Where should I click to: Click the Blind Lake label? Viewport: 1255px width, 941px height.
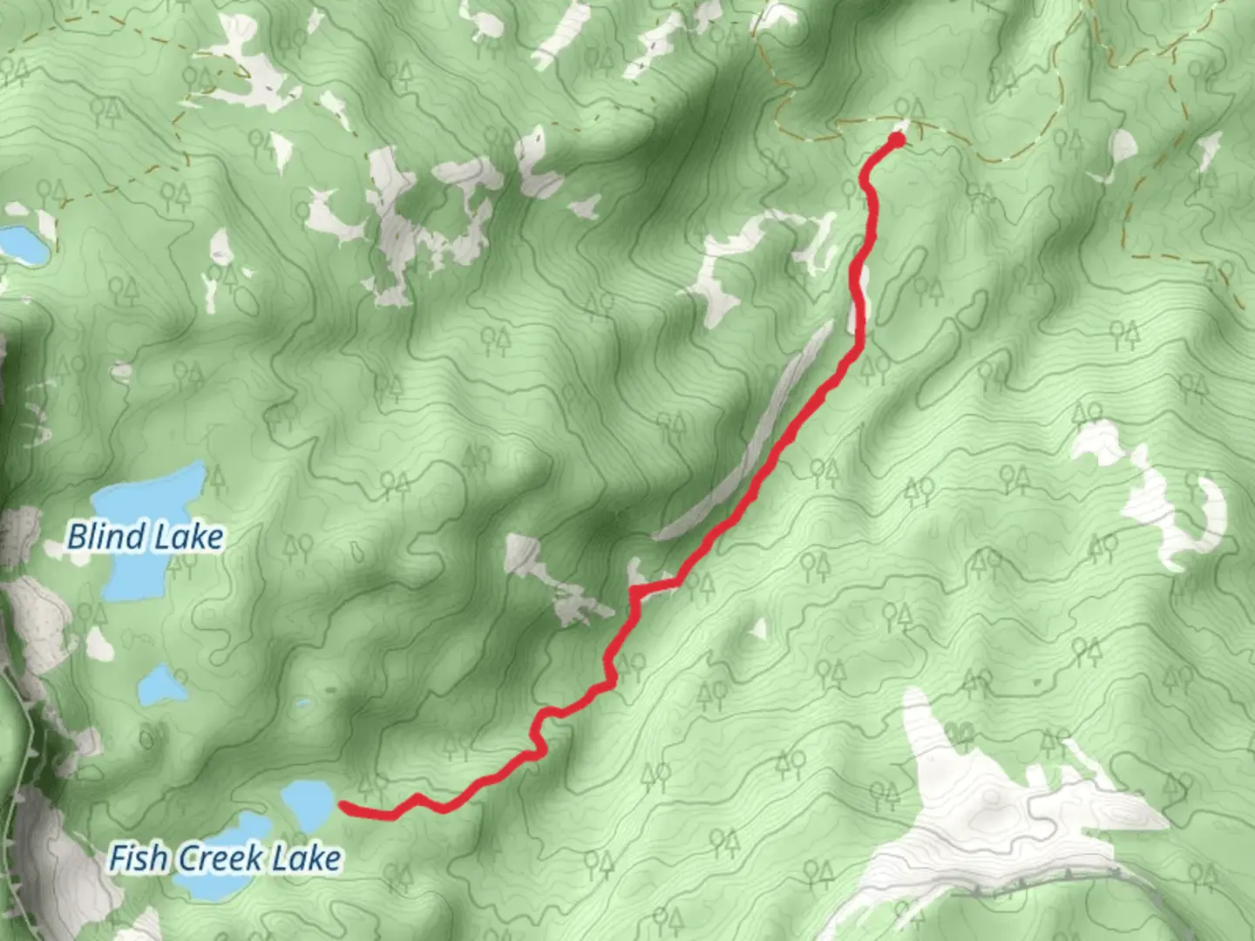pos(145,537)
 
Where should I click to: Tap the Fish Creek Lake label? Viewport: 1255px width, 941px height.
pos(224,858)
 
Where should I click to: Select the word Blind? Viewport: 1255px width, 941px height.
pos(105,537)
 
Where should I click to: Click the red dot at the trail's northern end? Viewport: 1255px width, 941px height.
pos(897,140)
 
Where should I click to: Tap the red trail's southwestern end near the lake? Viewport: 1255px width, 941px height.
pos(343,806)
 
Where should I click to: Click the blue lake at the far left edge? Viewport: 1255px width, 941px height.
pos(22,243)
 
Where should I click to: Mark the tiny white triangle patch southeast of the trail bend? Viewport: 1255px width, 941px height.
pos(758,628)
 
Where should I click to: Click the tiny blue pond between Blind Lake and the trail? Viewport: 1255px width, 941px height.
pos(303,703)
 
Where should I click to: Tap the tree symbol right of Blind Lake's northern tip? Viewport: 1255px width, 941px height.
pos(214,477)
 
